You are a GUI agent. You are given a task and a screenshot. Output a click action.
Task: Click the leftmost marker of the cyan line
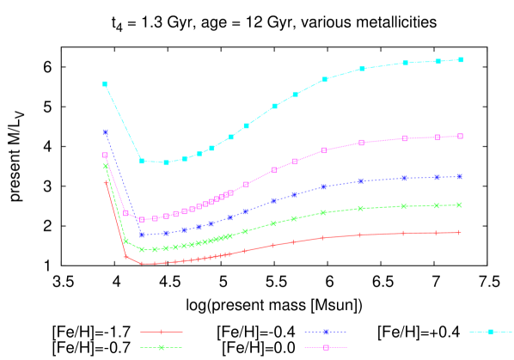point(105,83)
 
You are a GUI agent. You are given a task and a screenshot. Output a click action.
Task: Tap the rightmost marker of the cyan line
point(462,59)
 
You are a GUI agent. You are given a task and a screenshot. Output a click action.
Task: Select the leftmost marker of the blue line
point(105,131)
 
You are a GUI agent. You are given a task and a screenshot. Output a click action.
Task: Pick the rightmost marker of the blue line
point(461,176)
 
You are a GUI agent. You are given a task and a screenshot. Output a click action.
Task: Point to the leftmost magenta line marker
point(105,156)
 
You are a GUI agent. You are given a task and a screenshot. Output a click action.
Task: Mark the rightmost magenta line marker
point(461,136)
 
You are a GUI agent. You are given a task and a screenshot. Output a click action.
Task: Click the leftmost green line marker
point(106,166)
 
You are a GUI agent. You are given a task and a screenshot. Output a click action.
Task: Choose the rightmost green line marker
point(460,204)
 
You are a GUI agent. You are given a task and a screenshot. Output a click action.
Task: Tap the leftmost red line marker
point(106,182)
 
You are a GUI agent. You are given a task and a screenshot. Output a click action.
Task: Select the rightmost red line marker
point(460,232)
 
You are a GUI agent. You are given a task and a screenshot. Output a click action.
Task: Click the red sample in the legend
point(162,331)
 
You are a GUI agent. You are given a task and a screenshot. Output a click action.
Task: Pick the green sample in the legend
point(162,347)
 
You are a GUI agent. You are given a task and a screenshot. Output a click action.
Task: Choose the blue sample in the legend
point(326,331)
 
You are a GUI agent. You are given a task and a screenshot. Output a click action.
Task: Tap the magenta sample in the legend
point(326,347)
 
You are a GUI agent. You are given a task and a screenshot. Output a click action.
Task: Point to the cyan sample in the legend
point(490,331)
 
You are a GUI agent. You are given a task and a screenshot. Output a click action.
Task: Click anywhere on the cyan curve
point(275,106)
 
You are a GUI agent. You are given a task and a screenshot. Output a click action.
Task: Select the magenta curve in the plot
point(275,169)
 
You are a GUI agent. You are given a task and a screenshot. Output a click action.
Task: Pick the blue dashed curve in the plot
point(273,200)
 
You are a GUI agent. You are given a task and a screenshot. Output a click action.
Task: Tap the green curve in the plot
point(273,223)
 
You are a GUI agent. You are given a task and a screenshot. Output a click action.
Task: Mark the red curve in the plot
point(273,245)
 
